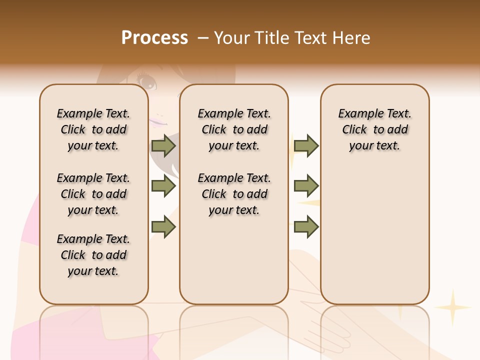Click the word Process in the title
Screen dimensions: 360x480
[x=154, y=38]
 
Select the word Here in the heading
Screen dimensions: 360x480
[x=352, y=38]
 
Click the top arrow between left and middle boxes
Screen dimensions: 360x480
[x=163, y=145]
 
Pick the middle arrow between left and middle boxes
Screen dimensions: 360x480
[x=163, y=186]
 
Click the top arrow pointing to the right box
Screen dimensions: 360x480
[x=306, y=145]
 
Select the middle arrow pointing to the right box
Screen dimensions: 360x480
[x=306, y=186]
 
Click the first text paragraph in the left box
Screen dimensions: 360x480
[x=93, y=129]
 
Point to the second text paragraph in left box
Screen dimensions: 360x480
[x=93, y=194]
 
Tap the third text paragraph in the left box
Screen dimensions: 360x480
[x=93, y=255]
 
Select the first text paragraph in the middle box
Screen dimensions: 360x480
[x=234, y=129]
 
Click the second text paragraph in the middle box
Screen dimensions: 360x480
[x=234, y=194]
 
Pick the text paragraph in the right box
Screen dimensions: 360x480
[x=374, y=129]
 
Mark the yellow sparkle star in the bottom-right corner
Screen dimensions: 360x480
[x=452, y=307]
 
